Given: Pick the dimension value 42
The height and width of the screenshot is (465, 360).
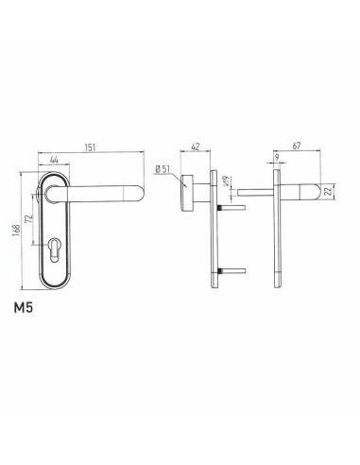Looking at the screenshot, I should click(x=195, y=148).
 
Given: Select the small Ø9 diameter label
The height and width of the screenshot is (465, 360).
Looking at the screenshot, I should click(x=225, y=180).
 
